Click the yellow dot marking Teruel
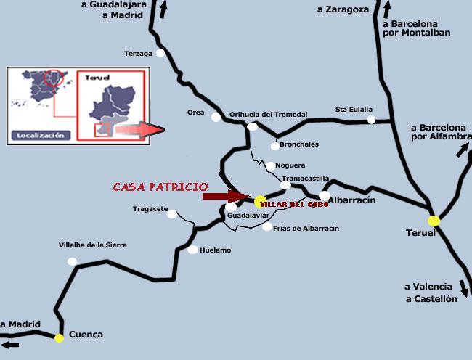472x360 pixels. pyautogui.click(x=434, y=221)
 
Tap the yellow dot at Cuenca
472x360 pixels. pyautogui.click(x=59, y=337)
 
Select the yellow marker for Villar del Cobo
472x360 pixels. pyautogui.click(x=260, y=200)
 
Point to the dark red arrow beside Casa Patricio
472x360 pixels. pyautogui.click(x=226, y=196)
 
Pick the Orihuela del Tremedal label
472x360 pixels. pyautogui.click(x=269, y=114)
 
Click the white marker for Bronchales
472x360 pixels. pyautogui.click(x=274, y=146)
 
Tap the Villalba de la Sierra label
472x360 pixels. pyautogui.click(x=93, y=245)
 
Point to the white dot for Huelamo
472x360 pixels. pyautogui.click(x=192, y=250)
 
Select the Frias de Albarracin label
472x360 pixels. pyautogui.click(x=305, y=228)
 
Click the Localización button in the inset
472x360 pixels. pyautogui.click(x=38, y=135)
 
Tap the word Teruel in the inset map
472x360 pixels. pyautogui.click(x=97, y=76)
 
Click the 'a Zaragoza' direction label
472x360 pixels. pyautogui.click(x=343, y=9)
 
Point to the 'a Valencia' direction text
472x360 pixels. pyautogui.click(x=429, y=286)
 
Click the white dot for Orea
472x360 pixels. pyautogui.click(x=216, y=117)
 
